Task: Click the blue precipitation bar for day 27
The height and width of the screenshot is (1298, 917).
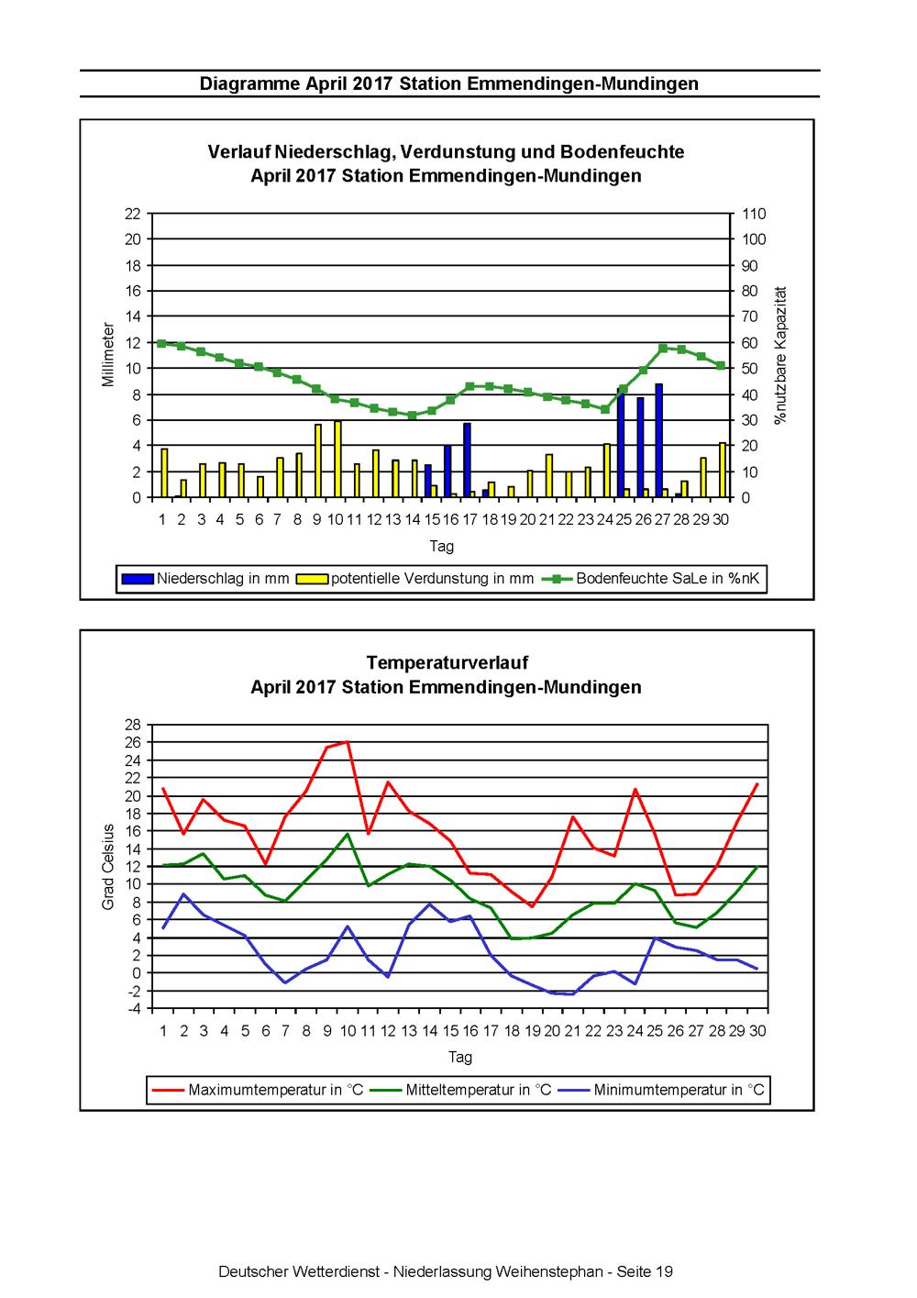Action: [658, 440]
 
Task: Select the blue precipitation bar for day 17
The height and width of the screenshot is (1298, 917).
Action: [467, 460]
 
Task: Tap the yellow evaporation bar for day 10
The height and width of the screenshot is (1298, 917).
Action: [337, 459]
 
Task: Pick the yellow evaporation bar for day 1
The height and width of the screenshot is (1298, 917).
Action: [164, 472]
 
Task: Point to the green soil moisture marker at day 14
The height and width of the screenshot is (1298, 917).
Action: [413, 415]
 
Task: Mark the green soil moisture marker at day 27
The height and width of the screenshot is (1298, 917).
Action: [663, 349]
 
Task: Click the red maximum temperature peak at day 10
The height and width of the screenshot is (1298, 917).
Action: [347, 741]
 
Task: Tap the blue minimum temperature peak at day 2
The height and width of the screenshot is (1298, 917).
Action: [184, 893]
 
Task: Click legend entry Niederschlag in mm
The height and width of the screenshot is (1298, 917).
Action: [205, 578]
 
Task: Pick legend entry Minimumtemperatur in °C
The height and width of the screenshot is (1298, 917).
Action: [661, 1090]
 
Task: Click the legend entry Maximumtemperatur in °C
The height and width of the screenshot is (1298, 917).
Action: [257, 1090]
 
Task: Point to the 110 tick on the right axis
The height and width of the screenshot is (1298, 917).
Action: [754, 214]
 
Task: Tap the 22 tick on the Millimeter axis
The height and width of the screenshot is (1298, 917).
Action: [133, 214]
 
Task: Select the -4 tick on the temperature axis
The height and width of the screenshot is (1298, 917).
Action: [133, 1009]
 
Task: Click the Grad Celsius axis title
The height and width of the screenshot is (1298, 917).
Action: [107, 867]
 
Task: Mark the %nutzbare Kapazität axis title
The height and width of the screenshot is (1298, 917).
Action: [780, 355]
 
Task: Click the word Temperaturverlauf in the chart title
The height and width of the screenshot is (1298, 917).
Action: [447, 662]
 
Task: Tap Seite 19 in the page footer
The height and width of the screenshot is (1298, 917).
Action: [644, 1272]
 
